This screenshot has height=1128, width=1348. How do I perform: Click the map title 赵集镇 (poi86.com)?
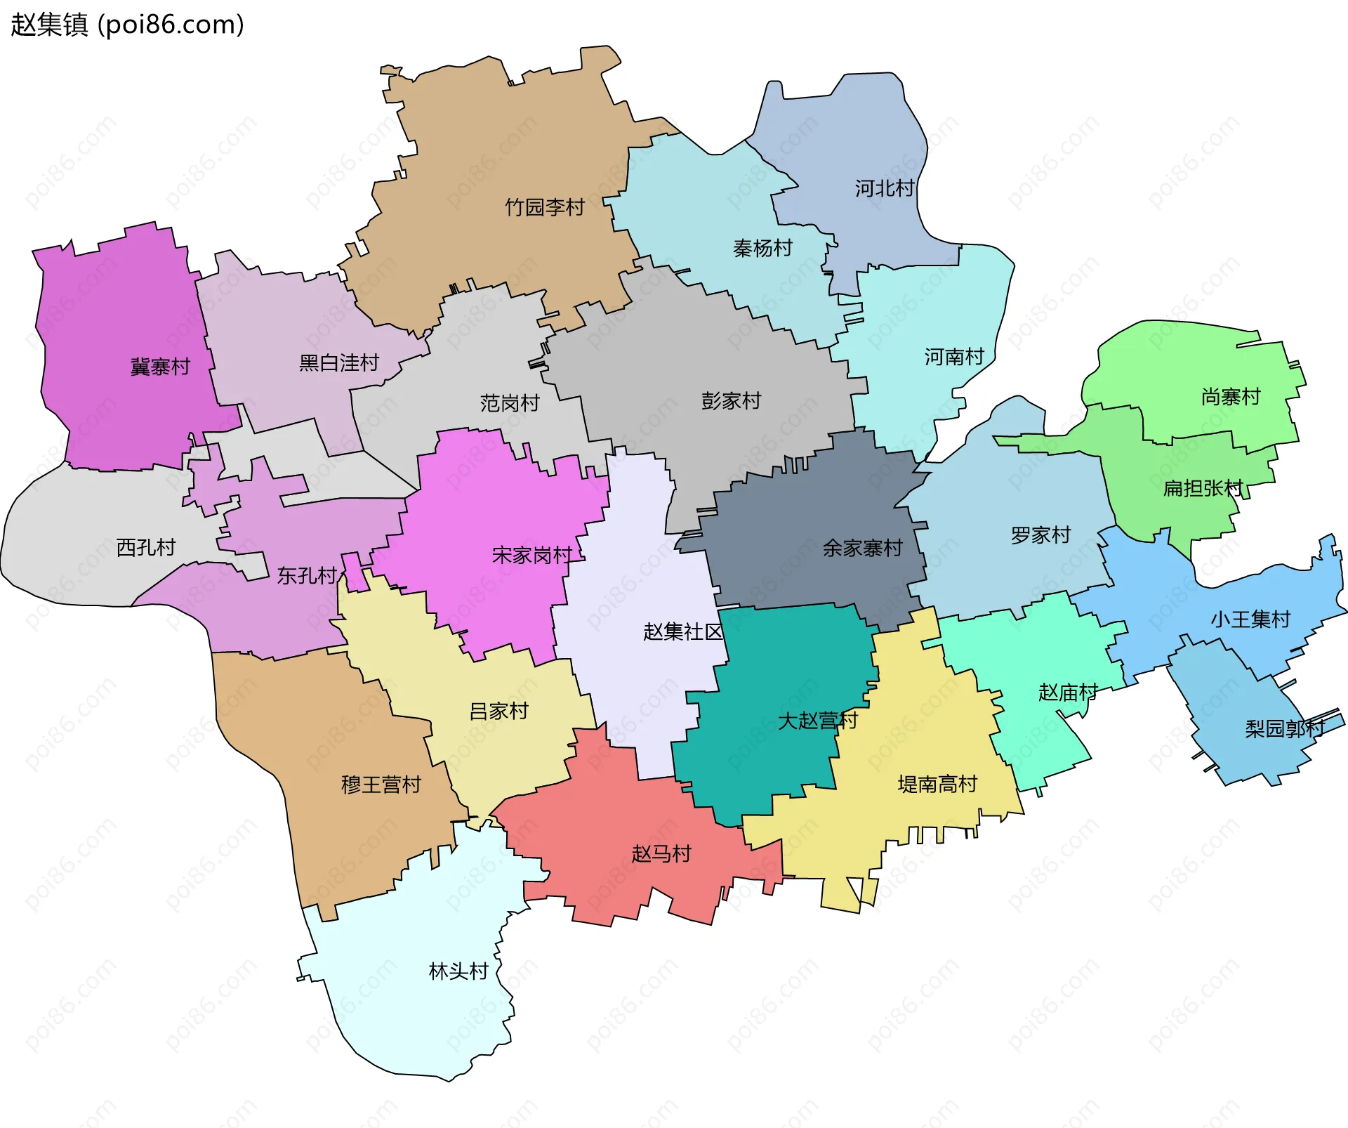pyautogui.click(x=127, y=25)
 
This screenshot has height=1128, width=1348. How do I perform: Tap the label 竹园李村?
pyautogui.click(x=545, y=207)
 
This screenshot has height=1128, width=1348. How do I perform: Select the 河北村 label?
pyautogui.click(x=884, y=188)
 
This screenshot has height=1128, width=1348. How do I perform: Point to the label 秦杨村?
pyautogui.click(x=762, y=248)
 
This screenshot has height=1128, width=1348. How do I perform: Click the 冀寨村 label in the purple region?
pyautogui.click(x=160, y=367)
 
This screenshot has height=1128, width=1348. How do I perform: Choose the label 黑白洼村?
pyautogui.click(x=339, y=362)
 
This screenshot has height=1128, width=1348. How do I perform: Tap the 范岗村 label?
pyautogui.click(x=510, y=403)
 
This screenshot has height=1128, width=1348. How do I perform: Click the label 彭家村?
pyautogui.click(x=731, y=401)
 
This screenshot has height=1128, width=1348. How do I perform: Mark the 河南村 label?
pyautogui.click(x=954, y=357)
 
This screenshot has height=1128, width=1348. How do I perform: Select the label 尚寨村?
pyautogui.click(x=1231, y=397)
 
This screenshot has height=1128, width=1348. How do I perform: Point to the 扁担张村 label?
pyautogui.click(x=1203, y=488)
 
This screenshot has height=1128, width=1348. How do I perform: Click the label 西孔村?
pyautogui.click(x=145, y=547)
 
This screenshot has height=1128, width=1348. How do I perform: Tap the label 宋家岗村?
pyautogui.click(x=532, y=556)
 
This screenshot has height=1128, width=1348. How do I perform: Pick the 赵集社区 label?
pyautogui.click(x=683, y=631)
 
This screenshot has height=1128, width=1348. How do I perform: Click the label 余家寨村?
pyautogui.click(x=862, y=548)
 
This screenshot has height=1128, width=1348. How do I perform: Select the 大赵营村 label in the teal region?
pyautogui.click(x=817, y=721)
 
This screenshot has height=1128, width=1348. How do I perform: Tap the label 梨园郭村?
pyautogui.click(x=1285, y=728)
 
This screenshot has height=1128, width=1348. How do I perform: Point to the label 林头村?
pyautogui.click(x=458, y=971)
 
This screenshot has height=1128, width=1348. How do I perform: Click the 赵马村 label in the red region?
pyautogui.click(x=661, y=854)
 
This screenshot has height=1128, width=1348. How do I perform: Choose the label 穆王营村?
pyautogui.click(x=381, y=785)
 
